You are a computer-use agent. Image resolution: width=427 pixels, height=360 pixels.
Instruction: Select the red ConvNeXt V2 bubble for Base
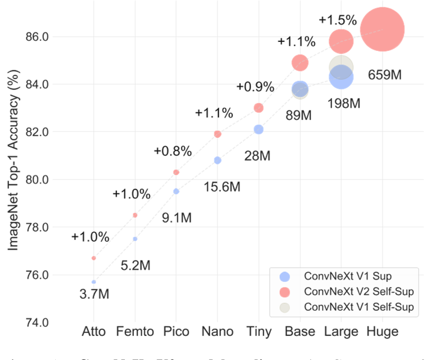click(x=300, y=62)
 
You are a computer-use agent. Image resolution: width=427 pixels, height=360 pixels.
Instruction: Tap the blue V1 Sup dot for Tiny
click(x=259, y=130)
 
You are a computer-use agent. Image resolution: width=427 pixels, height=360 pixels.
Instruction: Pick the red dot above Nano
click(x=217, y=134)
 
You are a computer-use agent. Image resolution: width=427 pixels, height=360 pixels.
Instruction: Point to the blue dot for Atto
click(x=94, y=281)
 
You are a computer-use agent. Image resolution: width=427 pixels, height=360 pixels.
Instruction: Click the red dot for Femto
click(x=135, y=215)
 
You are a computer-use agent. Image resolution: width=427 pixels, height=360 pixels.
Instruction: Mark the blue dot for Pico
click(x=176, y=191)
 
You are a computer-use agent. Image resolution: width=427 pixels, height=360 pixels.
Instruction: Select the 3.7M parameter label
click(x=94, y=294)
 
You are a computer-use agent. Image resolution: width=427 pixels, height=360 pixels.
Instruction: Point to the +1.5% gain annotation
click(x=338, y=19)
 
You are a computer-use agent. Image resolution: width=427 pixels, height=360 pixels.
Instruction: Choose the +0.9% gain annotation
click(x=255, y=87)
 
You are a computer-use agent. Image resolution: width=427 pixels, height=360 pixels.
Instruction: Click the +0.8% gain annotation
click(x=172, y=151)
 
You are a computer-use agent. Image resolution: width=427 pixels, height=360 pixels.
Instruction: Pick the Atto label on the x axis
click(x=94, y=332)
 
